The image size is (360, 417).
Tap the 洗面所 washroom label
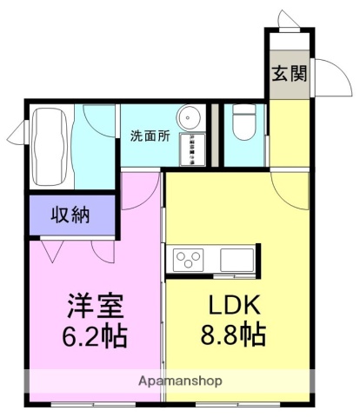(x=150, y=136)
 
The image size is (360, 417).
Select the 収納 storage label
(x=71, y=215)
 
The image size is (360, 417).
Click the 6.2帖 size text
(x=97, y=336)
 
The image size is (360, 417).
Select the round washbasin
(x=190, y=119)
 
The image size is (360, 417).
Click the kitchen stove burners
(x=189, y=257)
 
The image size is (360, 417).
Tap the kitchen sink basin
(x=236, y=258)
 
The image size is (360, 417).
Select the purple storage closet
(x=71, y=215)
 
